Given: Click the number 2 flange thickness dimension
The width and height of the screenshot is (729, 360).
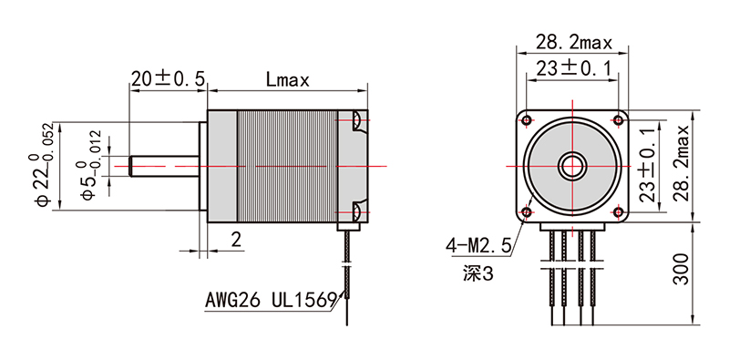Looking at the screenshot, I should (235, 240).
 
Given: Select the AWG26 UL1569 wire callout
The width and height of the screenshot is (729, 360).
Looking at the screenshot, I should (271, 298).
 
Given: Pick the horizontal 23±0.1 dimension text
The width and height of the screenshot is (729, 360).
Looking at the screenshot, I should (573, 67).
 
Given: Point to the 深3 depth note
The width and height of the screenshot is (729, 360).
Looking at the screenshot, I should (476, 272).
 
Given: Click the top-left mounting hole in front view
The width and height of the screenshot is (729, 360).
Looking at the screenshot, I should (527, 119).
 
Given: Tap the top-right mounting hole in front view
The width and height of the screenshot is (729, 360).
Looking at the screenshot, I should (619, 119).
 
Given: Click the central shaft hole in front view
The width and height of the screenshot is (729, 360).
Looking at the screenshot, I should (573, 166).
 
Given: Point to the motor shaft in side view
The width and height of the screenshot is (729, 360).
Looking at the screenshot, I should (165, 166).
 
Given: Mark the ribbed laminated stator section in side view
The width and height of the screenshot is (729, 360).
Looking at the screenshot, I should (287, 166).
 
